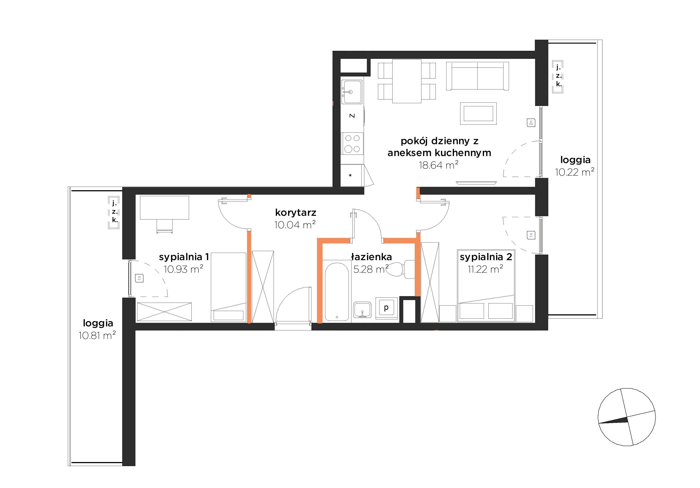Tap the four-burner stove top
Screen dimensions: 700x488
[x=352, y=143]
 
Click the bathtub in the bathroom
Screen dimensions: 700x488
[x=337, y=291]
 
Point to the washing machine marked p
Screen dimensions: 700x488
[x=387, y=308]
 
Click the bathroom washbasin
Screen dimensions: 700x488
[x=362, y=310]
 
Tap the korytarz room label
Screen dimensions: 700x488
[x=295, y=212]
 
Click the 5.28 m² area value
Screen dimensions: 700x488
[x=371, y=269]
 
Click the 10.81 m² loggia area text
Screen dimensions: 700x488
[x=97, y=335]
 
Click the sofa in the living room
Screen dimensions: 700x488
[x=477, y=76]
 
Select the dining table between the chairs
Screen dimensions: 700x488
[x=407, y=81]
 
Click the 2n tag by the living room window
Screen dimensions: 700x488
[x=531, y=123]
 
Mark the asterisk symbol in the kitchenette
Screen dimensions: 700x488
[x=350, y=175]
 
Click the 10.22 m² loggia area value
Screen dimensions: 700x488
[x=575, y=172]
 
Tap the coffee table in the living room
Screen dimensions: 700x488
[x=478, y=113]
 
